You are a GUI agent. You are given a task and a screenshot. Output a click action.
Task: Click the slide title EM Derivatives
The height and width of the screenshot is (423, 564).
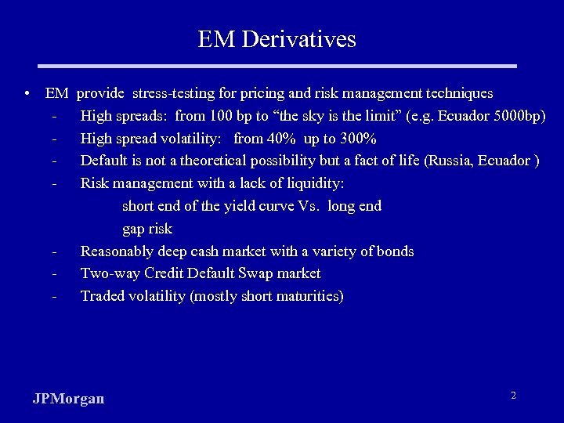click(x=277, y=39)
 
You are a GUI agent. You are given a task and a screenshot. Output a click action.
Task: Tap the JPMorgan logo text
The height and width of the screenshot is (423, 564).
click(x=69, y=399)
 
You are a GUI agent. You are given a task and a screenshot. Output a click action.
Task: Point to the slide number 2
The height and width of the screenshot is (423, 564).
click(x=513, y=396)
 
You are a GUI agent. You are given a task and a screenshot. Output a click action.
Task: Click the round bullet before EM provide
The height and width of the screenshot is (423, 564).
click(x=27, y=94)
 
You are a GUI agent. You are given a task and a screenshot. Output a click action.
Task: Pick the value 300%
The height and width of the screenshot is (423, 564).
click(x=356, y=139)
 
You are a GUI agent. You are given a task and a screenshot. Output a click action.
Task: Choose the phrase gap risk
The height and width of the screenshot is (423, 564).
click(x=147, y=230)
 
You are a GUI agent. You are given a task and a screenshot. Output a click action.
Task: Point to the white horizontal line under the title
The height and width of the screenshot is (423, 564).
click(x=277, y=66)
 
